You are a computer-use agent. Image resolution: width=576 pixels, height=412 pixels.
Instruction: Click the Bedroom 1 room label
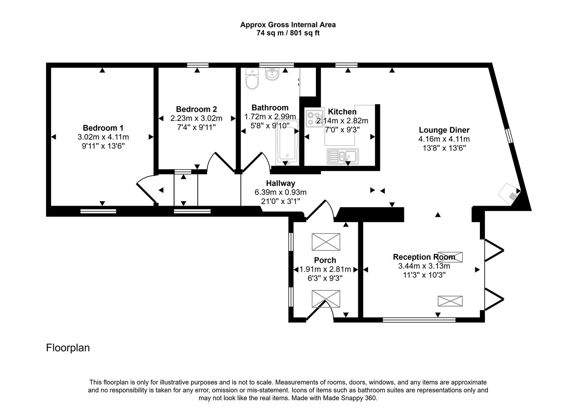[103, 128]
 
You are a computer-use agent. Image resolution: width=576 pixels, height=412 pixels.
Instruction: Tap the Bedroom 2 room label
[196, 109]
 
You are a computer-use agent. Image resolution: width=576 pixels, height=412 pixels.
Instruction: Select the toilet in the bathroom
[252, 79]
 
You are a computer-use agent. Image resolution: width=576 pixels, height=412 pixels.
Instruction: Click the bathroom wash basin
[272, 74]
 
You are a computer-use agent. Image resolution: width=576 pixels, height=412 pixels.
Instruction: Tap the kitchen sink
[343, 156]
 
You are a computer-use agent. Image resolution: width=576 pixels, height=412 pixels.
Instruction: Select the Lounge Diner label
[444, 130]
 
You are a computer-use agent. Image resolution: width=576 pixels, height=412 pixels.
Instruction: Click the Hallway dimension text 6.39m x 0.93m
[280, 192]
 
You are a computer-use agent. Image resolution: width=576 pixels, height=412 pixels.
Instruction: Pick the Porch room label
[325, 260]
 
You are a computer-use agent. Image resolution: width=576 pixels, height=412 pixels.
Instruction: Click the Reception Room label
[424, 257]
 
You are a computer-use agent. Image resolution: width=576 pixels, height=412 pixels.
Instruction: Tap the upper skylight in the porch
[326, 242]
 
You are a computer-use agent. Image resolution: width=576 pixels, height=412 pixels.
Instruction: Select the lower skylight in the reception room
[450, 301]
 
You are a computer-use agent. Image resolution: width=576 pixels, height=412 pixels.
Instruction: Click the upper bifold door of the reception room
[494, 250]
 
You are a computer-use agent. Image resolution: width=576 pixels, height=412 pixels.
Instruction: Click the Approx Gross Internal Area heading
[288, 25]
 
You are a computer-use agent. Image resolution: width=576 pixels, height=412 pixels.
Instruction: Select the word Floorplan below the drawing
[68, 348]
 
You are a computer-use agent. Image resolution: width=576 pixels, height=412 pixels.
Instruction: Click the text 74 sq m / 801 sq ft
[288, 33]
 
